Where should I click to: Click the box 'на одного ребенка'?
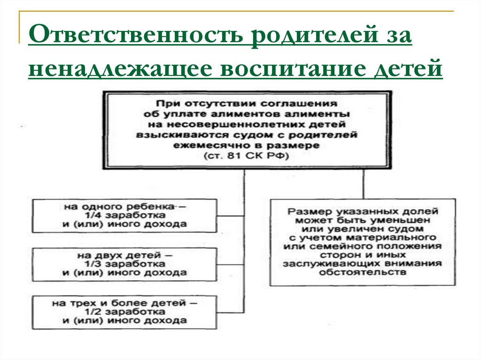[x=125, y=215]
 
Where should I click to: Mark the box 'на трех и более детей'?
[x=125, y=312]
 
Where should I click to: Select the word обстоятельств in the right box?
[x=363, y=273]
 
